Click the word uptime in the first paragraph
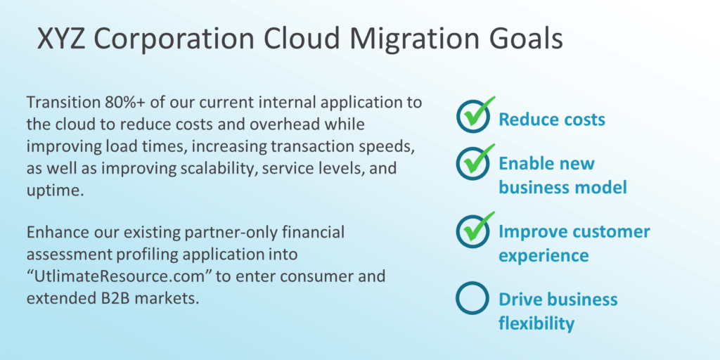click(x=54, y=191)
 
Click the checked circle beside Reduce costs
click(x=472, y=117)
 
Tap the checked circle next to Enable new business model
click(x=472, y=162)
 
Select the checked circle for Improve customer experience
click(x=472, y=230)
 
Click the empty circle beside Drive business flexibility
click(x=472, y=298)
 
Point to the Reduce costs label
click(x=552, y=120)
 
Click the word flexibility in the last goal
click(x=536, y=323)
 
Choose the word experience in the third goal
click(x=544, y=256)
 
